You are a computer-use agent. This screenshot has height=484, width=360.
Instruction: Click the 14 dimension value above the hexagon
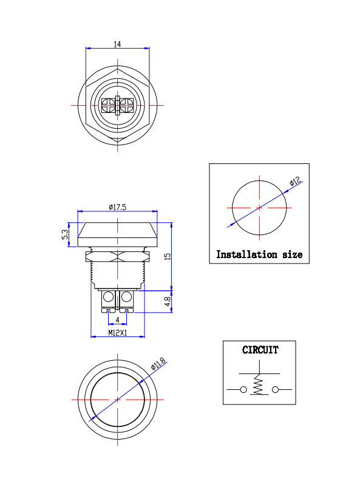(x=117, y=44)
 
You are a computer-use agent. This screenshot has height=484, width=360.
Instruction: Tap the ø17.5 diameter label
(x=118, y=207)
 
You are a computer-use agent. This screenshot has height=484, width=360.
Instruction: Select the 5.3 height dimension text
(x=65, y=234)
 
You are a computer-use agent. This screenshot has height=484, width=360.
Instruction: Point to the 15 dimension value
(x=168, y=256)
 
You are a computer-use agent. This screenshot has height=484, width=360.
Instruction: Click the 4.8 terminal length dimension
(x=168, y=301)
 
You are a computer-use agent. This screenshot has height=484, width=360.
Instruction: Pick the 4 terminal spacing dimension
(x=118, y=320)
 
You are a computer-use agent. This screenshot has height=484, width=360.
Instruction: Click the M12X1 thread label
(x=118, y=333)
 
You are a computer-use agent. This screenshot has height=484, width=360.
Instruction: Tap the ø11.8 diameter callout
(x=158, y=364)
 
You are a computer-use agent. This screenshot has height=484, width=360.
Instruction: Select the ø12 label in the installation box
(x=295, y=181)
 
